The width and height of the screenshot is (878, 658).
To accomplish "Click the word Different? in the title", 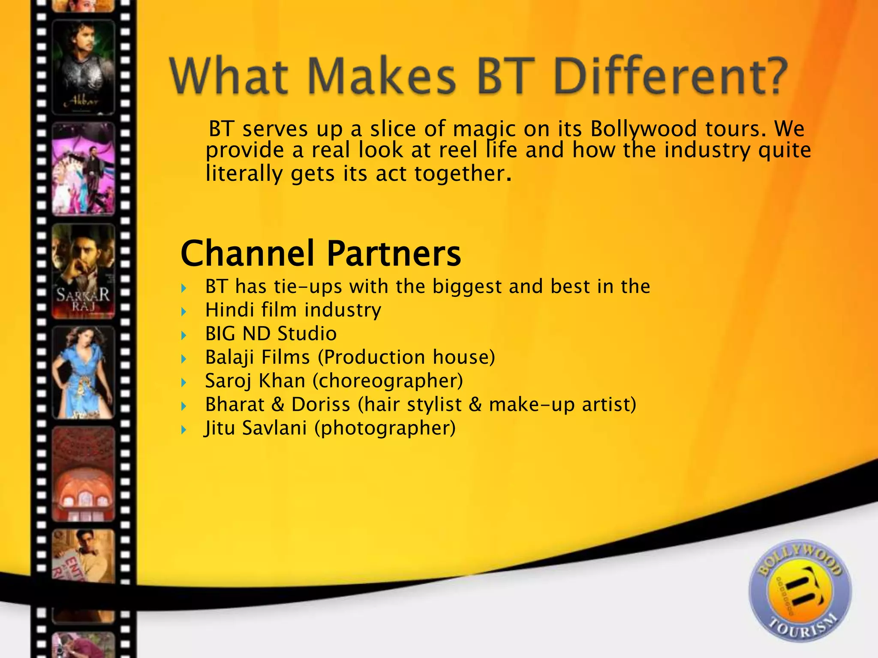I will (671, 76).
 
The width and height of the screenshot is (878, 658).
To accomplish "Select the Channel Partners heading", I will (321, 254).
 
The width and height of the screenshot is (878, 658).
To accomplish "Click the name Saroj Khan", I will (255, 381).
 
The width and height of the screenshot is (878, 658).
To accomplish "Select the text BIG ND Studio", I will (271, 334).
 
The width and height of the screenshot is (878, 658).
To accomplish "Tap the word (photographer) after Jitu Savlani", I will (385, 428).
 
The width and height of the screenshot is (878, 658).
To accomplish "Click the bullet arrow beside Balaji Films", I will (184, 359).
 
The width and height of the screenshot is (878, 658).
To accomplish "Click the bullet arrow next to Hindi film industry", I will (184, 311).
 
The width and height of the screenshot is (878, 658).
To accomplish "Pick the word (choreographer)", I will (388, 381).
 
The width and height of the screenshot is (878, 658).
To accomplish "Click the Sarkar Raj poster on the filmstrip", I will (84, 272).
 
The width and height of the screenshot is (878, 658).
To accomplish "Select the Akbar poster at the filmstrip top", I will (84, 68).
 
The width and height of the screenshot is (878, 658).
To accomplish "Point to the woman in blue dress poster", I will (84, 372).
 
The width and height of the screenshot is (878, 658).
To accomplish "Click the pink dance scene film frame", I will (84, 169).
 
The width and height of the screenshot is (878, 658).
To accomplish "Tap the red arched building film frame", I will (84, 474).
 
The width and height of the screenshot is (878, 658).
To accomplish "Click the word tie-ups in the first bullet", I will (307, 287).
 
